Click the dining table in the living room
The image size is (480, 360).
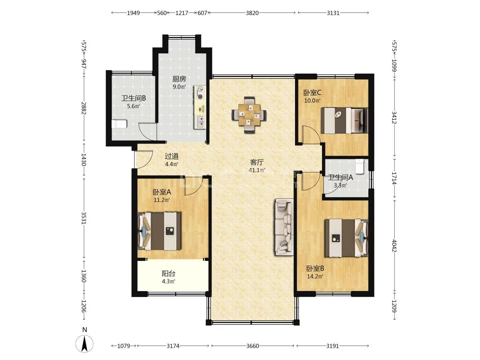pos(249,115)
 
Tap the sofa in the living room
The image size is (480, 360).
pos(284,227)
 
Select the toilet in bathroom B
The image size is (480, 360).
pos(119,124)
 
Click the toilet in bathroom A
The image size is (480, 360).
pos(360,167)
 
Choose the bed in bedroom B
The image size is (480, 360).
pos(346,238)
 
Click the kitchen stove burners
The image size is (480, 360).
pos(200,93)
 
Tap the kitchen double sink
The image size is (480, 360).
pos(200,122)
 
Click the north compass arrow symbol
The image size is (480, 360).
pos(84,344)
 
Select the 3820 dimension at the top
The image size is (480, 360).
pos(252,13)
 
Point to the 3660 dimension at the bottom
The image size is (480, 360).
pos(252,346)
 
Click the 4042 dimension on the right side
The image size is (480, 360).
pos(394,246)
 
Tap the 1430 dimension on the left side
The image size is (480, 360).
pos(84,159)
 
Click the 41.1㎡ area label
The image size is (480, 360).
pos(257,170)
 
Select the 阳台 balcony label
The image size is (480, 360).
pos(168,273)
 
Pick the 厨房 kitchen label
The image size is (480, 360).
pos(179,79)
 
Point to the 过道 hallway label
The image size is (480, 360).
pos(172,156)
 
